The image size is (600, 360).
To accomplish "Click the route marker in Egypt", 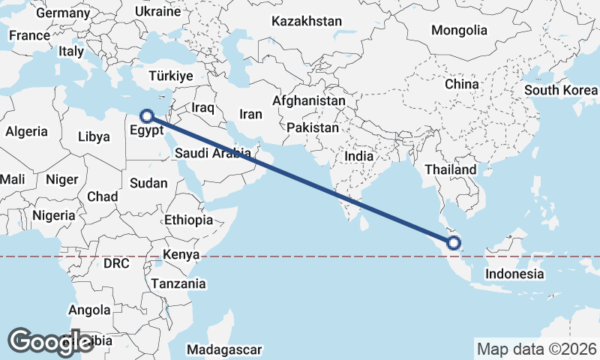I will (x=148, y=115).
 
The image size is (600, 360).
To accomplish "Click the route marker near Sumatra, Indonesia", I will (x=454, y=242).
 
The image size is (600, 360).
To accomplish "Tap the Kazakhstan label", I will (x=307, y=21).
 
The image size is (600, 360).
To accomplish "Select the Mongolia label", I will (x=459, y=31).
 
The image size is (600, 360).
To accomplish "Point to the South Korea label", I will (x=560, y=90).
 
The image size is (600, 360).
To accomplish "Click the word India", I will (x=358, y=157).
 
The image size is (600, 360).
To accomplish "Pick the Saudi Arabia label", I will (x=212, y=153).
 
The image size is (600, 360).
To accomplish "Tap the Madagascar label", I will (x=225, y=349).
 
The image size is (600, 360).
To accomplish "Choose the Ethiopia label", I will (x=188, y=220).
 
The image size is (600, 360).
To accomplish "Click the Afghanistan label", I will (x=309, y=100).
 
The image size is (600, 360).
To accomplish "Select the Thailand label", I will (x=450, y=169).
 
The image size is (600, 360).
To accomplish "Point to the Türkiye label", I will (x=171, y=76).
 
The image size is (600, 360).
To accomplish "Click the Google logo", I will (x=51, y=341).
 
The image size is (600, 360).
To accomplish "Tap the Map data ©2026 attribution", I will (x=536, y=349).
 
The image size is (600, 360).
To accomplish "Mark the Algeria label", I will (x=27, y=131).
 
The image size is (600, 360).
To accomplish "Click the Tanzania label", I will (x=178, y=283).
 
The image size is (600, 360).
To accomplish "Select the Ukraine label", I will (x=158, y=11).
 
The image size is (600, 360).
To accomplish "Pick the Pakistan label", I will (x=313, y=127).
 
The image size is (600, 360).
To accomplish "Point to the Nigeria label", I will (x=53, y=215).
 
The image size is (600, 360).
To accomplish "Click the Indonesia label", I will (x=514, y=274).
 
